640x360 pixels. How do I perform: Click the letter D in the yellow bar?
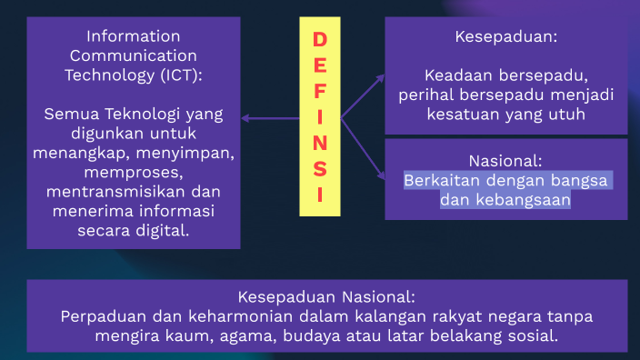click(319, 40)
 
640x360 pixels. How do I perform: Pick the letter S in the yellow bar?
click(319, 169)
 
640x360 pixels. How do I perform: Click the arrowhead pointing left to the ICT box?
click(245, 117)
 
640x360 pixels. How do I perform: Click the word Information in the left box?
click(134, 36)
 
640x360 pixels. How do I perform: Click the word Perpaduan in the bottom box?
click(98, 317)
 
